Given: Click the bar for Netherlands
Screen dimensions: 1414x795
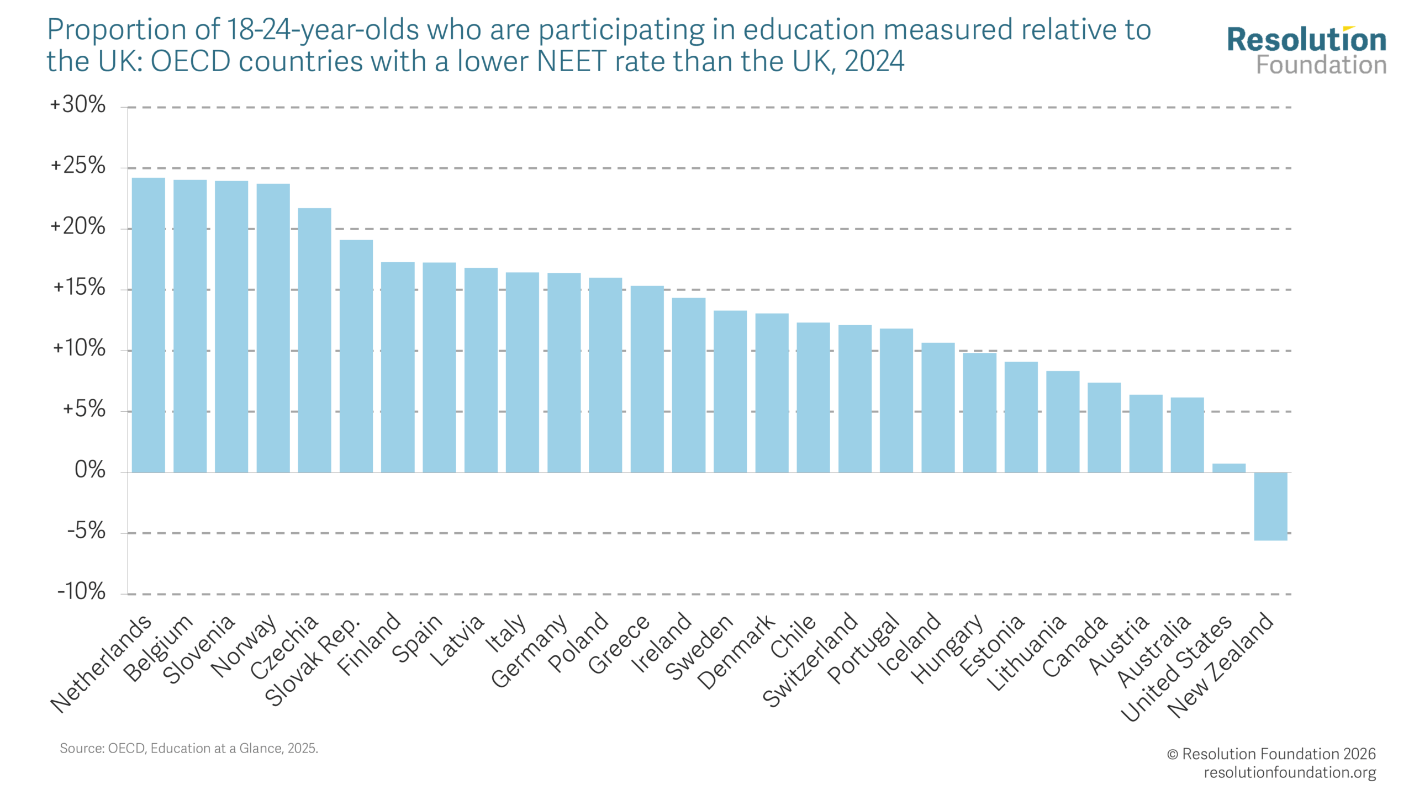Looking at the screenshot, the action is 148,325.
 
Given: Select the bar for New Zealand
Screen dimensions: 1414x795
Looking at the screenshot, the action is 1270,506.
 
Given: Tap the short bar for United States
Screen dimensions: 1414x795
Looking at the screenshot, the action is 1229,468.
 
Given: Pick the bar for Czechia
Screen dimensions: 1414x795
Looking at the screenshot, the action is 314,340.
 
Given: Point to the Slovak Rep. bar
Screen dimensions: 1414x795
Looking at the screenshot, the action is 356,356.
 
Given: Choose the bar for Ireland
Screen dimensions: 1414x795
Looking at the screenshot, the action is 689,385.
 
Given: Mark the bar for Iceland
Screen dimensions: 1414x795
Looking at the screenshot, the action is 938,407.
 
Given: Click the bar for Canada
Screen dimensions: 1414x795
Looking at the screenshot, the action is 1104,427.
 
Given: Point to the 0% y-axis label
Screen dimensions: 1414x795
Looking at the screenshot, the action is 90,470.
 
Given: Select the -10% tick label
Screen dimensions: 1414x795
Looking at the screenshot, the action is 81,591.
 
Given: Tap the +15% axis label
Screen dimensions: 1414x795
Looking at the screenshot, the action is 79,287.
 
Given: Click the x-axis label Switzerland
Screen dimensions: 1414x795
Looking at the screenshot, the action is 810,660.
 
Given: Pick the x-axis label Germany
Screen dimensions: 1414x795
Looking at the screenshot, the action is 529,651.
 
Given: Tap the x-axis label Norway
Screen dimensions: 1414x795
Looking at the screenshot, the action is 244,645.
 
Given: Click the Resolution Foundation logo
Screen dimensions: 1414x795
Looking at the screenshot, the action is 1307,50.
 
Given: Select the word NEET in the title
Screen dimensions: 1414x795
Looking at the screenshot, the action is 572,61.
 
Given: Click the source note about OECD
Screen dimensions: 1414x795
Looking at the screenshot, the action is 189,749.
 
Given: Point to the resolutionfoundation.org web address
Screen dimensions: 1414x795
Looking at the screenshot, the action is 1290,772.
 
